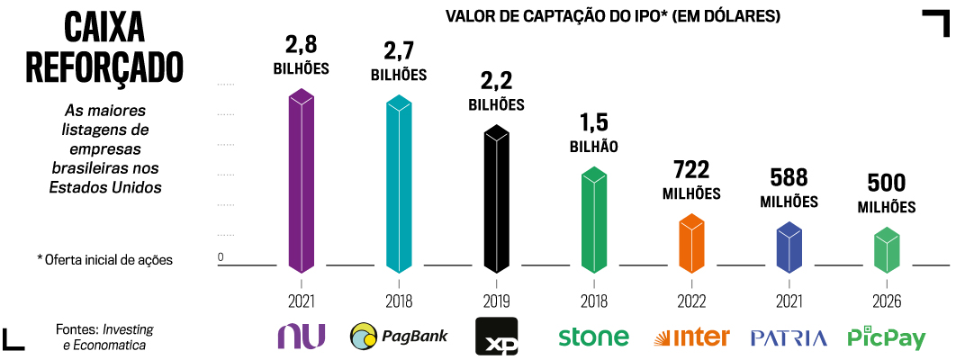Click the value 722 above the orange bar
click(691, 169)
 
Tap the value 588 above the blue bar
click(789, 177)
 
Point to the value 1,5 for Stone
click(593, 121)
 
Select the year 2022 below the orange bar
click(691, 301)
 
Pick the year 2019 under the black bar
click(495, 301)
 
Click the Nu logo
click(301, 336)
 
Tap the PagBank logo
click(399, 337)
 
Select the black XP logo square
click(496, 337)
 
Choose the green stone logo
click(593, 337)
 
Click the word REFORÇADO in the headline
click(104, 66)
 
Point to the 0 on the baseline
click(220, 257)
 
